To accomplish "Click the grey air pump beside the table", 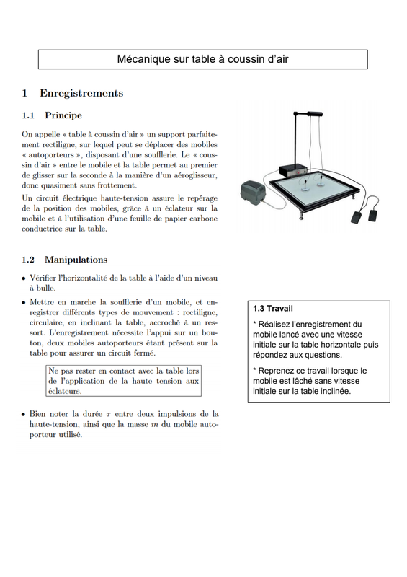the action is pos(253,191).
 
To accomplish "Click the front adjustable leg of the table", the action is pos(302,215).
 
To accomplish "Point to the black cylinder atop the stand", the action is pos(315,114).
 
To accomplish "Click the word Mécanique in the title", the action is pos(144,59).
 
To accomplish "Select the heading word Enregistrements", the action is pos(81,93).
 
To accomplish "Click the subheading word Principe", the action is pos(63,115).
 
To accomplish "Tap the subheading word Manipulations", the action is pos(76,260).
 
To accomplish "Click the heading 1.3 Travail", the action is pos(273,309).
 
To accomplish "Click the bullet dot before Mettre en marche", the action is pos(24,302).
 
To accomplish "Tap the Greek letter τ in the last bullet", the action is pos(109,414).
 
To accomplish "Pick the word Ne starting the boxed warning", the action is pos(53,371).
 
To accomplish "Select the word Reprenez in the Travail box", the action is pos(276,371).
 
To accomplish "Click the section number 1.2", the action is pos(28,260).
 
